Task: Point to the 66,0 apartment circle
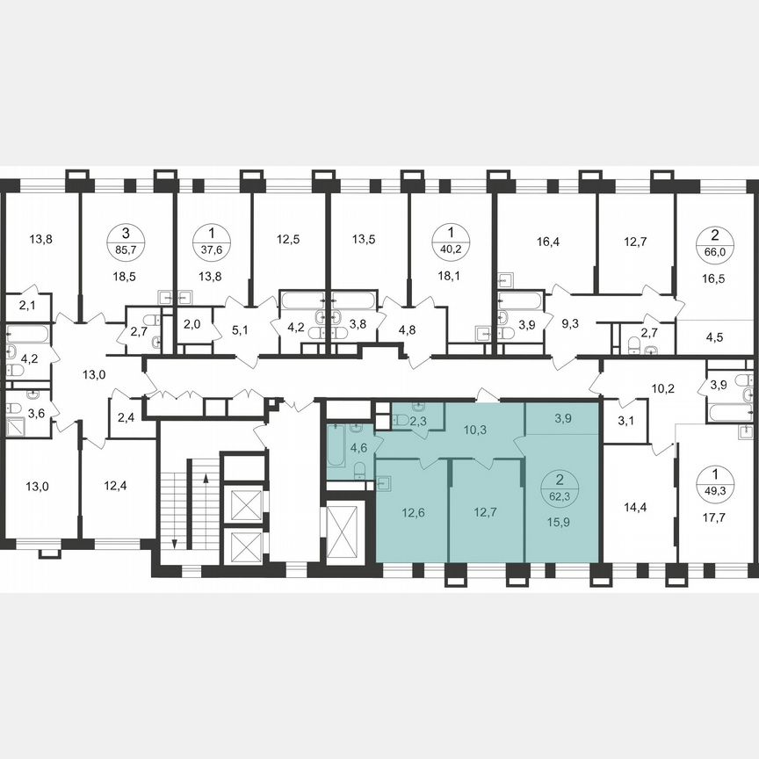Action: coord(709,239)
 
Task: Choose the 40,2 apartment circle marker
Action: coord(452,239)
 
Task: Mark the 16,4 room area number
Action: coord(547,238)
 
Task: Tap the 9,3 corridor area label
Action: coord(570,324)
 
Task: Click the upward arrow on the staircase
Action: coord(205,480)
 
